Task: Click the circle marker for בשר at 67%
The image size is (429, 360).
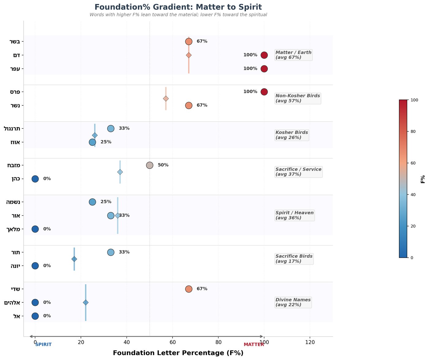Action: pos(189,42)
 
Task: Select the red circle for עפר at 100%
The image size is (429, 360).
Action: pos(264,69)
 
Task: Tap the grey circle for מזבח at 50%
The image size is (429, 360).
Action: pos(150,165)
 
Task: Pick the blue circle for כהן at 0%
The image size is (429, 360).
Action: pos(35,179)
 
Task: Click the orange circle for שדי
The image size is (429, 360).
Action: pos(189,289)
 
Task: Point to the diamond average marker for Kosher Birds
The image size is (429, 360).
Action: pos(95,135)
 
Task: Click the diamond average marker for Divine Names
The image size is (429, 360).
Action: pos(86,302)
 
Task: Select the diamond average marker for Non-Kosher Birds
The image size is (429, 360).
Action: pos(166,99)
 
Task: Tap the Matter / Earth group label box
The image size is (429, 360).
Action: pos(294,55)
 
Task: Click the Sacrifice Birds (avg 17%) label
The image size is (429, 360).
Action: pos(294,259)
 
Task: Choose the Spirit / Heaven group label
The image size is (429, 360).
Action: pos(294,215)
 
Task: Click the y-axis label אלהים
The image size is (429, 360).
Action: pos(12,302)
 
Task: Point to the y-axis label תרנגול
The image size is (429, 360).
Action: pos(12,129)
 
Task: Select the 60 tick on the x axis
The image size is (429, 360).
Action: pos(173,342)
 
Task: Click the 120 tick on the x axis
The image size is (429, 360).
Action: pos(310,342)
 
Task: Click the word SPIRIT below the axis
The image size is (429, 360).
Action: pos(44,345)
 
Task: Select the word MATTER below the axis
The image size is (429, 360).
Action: pos(254,345)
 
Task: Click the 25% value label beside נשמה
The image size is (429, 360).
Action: pos(106,202)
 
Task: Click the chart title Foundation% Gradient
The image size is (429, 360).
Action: pos(178,7)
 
